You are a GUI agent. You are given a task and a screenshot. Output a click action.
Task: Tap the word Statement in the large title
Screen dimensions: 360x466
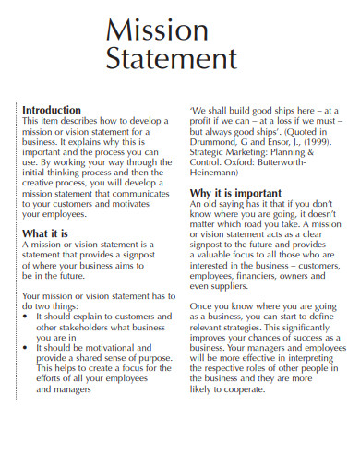pyautogui.click(x=173, y=60)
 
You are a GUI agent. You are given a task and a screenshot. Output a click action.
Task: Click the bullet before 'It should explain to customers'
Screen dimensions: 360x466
pyautogui.click(x=26, y=316)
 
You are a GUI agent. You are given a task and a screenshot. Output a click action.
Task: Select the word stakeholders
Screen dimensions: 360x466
pyautogui.click(x=91, y=328)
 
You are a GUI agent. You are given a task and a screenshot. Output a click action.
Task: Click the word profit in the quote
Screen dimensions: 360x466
pyautogui.click(x=203, y=122)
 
